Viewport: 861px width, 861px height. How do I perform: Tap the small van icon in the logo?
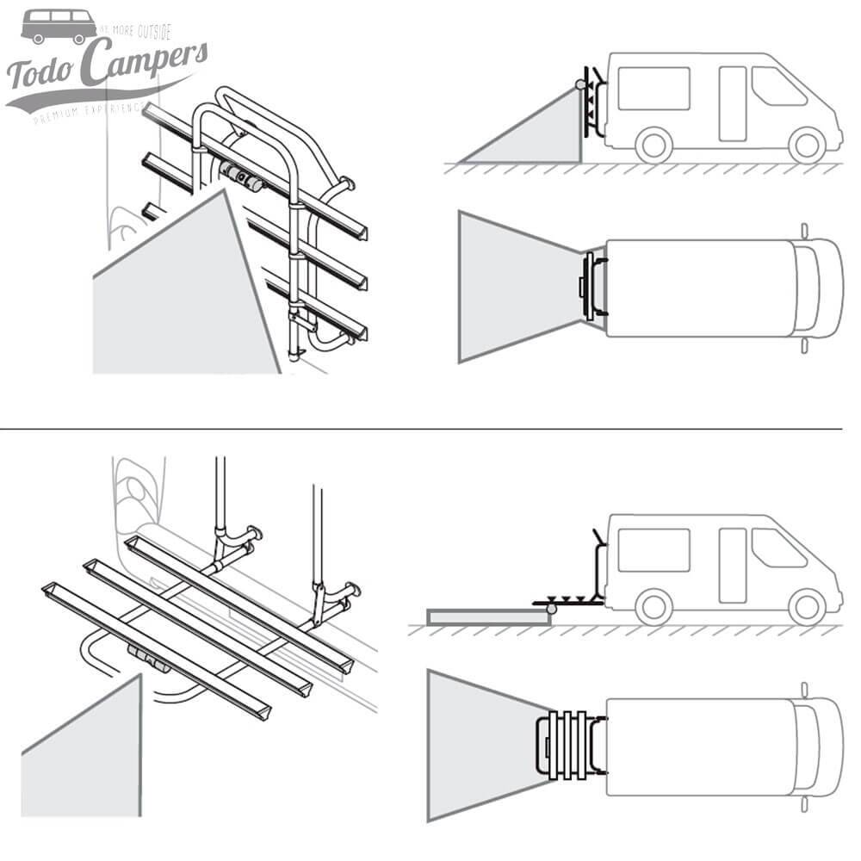click(59, 26)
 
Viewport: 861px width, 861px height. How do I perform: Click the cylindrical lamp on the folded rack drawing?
click(240, 176)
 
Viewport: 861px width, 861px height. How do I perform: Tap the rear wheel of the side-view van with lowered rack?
click(655, 606)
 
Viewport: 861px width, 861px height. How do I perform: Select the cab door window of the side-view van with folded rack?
click(777, 86)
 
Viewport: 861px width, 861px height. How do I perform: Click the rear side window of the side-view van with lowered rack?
click(653, 550)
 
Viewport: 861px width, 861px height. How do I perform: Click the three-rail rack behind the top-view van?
click(568, 746)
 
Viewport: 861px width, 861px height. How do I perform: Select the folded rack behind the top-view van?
click(592, 288)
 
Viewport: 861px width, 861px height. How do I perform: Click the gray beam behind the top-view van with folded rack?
click(512, 287)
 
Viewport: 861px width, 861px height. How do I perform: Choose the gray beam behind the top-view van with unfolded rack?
click(478, 746)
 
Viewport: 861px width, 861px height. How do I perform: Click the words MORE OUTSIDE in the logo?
click(138, 32)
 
